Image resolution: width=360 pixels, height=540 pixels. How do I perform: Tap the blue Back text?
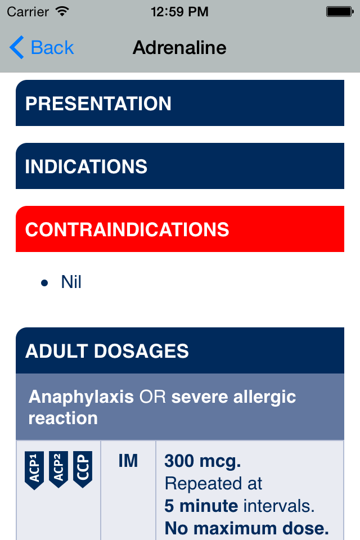(52, 47)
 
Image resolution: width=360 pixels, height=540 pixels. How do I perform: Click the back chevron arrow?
(16, 47)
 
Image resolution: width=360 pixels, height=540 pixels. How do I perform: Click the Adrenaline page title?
(179, 47)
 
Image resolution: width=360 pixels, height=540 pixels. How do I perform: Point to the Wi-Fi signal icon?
(62, 11)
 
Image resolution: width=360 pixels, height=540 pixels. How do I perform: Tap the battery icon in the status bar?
(340, 12)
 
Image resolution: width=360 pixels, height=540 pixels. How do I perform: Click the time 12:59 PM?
(179, 12)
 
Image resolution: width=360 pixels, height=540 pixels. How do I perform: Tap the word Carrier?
(28, 12)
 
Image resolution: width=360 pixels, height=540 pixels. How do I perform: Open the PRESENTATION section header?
(180, 103)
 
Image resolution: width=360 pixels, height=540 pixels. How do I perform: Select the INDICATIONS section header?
(180, 166)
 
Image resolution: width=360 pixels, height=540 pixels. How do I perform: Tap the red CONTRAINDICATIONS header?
(180, 229)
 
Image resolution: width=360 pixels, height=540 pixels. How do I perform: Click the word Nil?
(71, 282)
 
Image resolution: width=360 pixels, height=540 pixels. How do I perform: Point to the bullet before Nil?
(44, 283)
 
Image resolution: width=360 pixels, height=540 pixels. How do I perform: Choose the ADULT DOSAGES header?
(180, 350)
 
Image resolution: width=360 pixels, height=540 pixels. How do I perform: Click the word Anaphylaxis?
(81, 397)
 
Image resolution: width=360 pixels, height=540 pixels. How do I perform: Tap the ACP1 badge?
(34, 470)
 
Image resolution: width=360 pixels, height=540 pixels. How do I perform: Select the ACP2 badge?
(58, 469)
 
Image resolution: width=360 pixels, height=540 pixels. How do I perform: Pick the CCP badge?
(83, 469)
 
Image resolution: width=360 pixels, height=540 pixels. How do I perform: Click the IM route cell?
(128, 461)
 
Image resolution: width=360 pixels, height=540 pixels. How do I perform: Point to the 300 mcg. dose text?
(202, 461)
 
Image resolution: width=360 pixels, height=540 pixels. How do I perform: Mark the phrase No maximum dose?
(247, 528)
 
